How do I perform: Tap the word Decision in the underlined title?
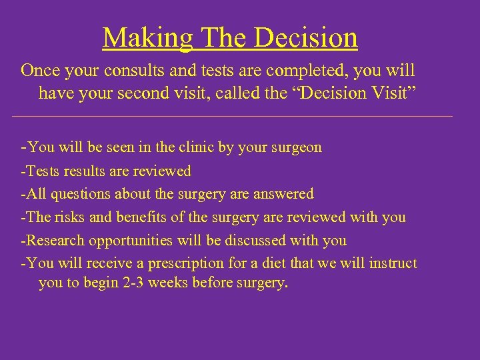pos(308,38)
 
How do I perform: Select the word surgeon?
pos(295,147)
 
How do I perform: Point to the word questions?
pos(79,194)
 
